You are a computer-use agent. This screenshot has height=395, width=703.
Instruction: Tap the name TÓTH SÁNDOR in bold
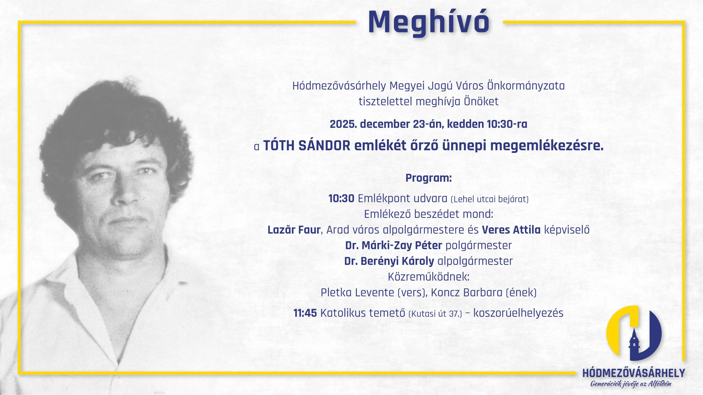tap(307, 145)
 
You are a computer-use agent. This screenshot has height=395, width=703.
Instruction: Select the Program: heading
tap(429, 178)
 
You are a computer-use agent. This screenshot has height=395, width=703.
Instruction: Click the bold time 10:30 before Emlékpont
tap(341, 198)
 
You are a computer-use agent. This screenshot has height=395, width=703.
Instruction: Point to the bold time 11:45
tap(305, 313)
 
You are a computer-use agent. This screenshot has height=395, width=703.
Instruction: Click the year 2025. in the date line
tap(343, 124)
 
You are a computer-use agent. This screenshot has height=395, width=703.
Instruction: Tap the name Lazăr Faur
tap(294, 230)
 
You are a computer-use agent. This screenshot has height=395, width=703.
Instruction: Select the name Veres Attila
tap(511, 230)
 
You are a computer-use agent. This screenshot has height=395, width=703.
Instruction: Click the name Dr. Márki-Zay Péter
tap(394, 245)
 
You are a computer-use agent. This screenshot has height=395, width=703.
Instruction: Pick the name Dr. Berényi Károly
tap(389, 261)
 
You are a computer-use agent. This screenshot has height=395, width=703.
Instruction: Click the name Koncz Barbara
tap(467, 292)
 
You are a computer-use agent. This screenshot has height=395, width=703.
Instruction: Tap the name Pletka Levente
tap(357, 292)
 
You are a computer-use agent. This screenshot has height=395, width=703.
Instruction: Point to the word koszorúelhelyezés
tap(518, 313)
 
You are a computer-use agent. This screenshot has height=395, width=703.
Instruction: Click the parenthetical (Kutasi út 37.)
tap(435, 314)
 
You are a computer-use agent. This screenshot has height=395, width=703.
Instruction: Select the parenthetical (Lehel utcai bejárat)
tap(490, 199)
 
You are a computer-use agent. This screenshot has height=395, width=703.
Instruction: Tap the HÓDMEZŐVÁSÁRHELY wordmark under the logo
tap(634, 373)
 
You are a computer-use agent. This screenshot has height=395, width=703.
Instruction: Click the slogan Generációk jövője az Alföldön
tap(631, 384)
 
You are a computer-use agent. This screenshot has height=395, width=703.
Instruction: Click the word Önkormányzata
tap(526, 86)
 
